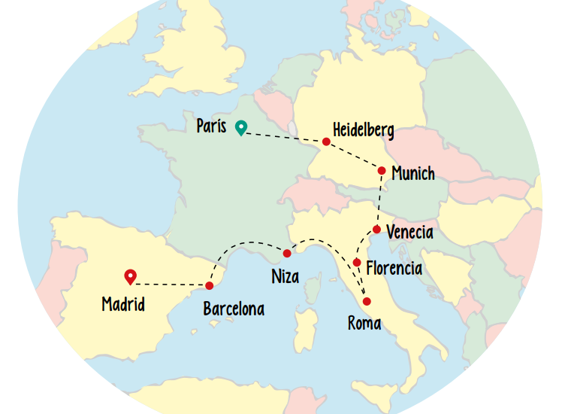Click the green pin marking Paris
pyautogui.click(x=240, y=127)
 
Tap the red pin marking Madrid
pyautogui.click(x=130, y=277)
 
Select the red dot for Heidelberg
pyautogui.click(x=326, y=142)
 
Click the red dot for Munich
pyautogui.click(x=382, y=171)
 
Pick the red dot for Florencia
pyautogui.click(x=357, y=262)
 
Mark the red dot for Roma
pyautogui.click(x=367, y=301)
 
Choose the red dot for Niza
pyautogui.click(x=287, y=253)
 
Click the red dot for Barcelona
pyautogui.click(x=210, y=285)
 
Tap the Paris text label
pyautogui.click(x=211, y=126)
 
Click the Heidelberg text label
pyautogui.click(x=364, y=129)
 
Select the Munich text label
pyautogui.click(x=413, y=174)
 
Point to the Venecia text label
pyautogui.click(x=409, y=232)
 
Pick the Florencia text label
pyautogui.click(x=394, y=267)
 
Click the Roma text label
pyautogui.click(x=364, y=324)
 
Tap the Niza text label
pyautogui.click(x=285, y=276)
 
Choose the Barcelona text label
pyautogui.click(x=234, y=309)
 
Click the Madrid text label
pyautogui.click(x=123, y=305)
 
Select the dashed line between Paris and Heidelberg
pyautogui.click(x=284, y=135)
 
